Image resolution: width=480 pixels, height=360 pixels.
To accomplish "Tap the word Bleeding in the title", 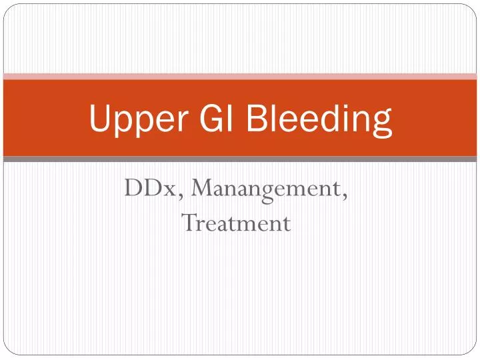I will click(319, 119).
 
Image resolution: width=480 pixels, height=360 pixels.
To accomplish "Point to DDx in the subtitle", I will click(153, 189).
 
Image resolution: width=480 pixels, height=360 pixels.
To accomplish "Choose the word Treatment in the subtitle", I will click(237, 222).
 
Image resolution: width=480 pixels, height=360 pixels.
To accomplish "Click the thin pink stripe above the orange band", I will click(240, 76).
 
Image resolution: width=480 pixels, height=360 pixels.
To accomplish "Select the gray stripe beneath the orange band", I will click(240, 159).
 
